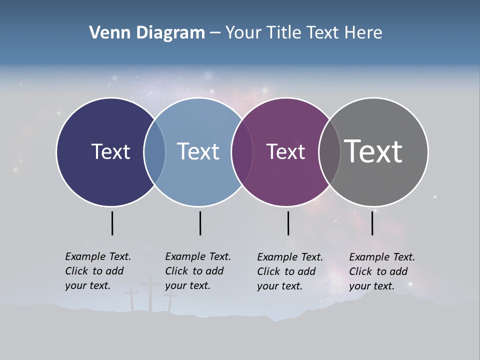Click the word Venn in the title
(105, 32)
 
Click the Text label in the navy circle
(110, 151)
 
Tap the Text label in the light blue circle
(198, 151)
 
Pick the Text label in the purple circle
(285, 151)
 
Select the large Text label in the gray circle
(373, 151)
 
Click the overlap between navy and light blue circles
(154, 151)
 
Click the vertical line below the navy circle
(112, 223)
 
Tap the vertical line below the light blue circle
(200, 223)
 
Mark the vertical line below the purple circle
(288, 223)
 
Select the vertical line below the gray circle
(372, 223)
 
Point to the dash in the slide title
(215, 33)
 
